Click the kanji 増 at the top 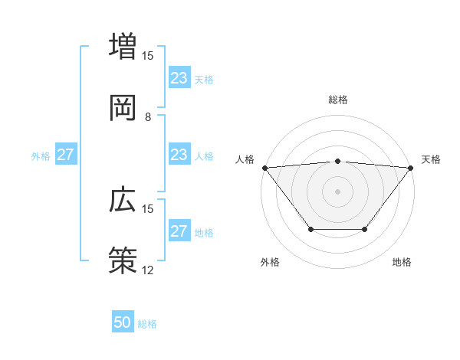coord(123,47)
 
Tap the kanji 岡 coord(123,108)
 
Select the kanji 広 coord(123,200)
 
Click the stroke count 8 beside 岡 coord(148,117)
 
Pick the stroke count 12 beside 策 coord(148,270)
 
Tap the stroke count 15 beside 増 coord(148,56)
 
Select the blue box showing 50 coord(123,322)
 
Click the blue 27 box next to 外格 coord(66,155)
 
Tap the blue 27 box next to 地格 coord(179,231)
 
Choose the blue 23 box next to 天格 coord(179,78)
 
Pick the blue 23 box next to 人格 coord(179,155)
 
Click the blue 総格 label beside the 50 coord(147,324)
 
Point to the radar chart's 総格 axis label coord(337,100)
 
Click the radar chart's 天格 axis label coord(432,159)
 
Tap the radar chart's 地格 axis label coord(402,262)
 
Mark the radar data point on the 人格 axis coord(264,168)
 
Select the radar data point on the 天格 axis coord(410,168)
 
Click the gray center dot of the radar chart coord(337,191)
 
